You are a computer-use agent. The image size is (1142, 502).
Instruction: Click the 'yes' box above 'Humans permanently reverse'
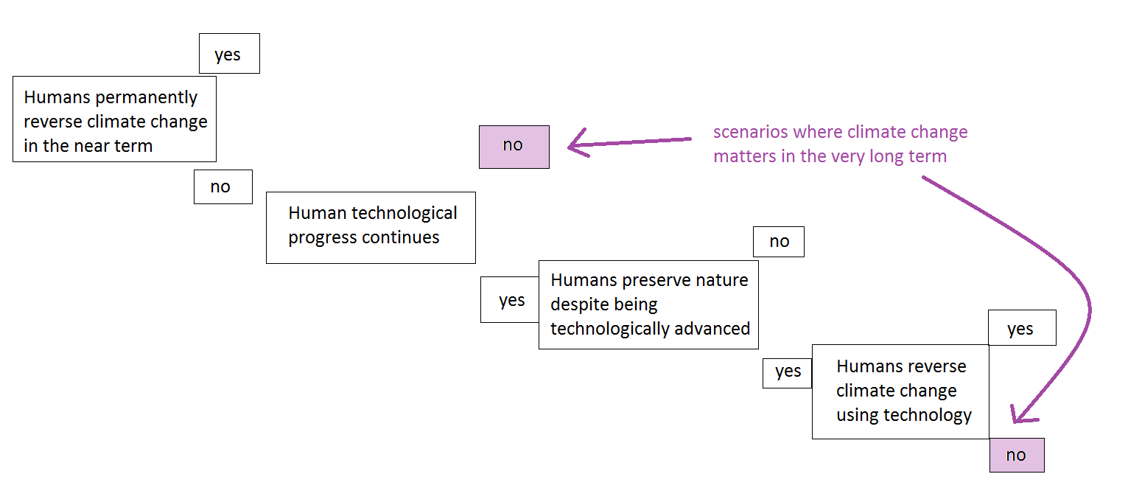coord(229,54)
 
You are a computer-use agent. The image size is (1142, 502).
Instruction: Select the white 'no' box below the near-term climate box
coord(223,186)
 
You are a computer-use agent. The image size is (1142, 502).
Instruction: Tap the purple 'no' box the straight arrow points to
coord(514,147)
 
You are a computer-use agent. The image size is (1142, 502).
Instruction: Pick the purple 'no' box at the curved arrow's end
coord(1017,455)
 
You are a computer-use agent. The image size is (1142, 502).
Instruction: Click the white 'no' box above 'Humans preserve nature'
coord(779,242)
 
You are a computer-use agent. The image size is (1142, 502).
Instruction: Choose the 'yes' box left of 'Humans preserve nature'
coord(510,299)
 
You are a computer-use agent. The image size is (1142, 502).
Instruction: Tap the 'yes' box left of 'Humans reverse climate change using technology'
coord(787,373)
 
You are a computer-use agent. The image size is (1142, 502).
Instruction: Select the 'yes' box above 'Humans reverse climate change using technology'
coord(1022,327)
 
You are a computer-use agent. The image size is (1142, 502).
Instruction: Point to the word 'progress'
coord(323,238)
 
